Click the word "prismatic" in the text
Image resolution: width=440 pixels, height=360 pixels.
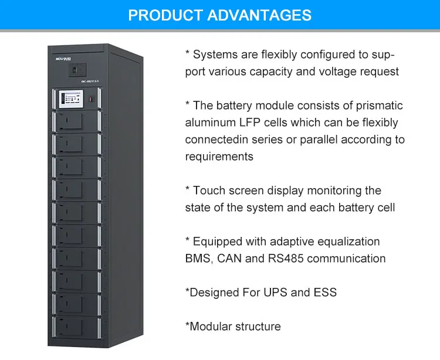[x=381, y=106]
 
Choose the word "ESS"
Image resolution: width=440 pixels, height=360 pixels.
[x=323, y=292]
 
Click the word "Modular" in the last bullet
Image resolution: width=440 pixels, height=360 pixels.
[x=212, y=326]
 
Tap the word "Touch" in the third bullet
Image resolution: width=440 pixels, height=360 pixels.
[x=209, y=191]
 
